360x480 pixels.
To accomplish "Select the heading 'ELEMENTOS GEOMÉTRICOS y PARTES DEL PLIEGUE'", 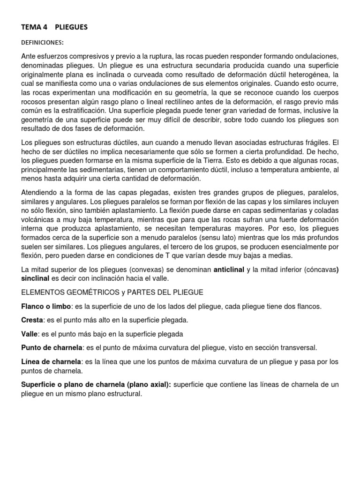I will [x=112, y=292].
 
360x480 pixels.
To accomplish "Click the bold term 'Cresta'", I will [x=31, y=320].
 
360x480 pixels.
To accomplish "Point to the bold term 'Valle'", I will [x=29, y=334].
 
